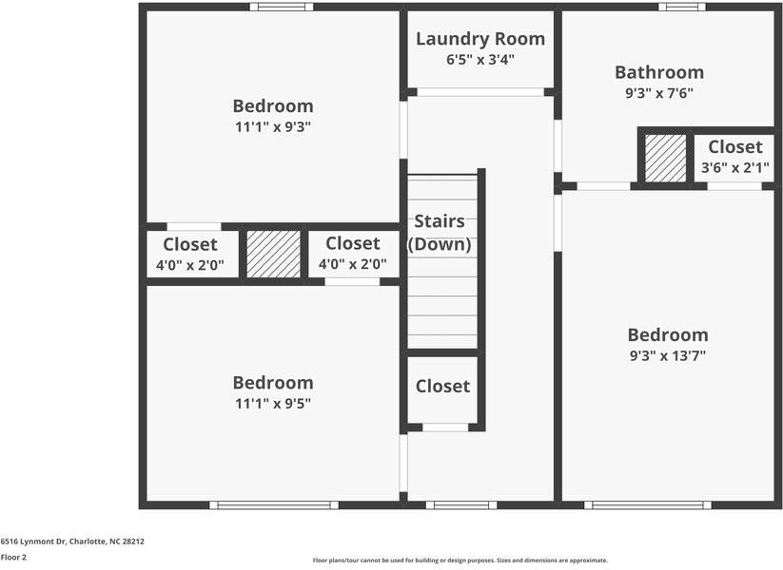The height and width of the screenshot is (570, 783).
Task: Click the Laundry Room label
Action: pos(480,39)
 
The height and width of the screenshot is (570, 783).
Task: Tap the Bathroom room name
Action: pos(659,72)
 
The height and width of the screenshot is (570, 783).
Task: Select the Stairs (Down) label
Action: pos(440,233)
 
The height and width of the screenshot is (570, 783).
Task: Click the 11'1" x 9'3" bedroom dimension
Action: pos(273,127)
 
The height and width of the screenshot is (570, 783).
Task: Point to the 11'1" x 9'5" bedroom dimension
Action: pos(273,403)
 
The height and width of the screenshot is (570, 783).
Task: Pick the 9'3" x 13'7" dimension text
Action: pos(668,356)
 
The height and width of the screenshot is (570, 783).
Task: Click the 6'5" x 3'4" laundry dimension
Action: pos(480,60)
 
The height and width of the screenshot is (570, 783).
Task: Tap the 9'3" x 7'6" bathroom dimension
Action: pos(659,93)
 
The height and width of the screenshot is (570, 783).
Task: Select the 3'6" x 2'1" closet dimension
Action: pos(735,168)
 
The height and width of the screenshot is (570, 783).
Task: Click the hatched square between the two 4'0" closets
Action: pos(274,254)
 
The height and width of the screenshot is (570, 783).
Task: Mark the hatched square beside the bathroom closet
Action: pos(665,157)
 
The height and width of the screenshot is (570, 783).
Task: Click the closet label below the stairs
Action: pos(442,387)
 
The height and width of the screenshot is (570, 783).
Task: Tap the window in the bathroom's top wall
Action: pos(682,7)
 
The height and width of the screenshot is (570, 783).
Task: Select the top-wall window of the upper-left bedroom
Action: pos(282,7)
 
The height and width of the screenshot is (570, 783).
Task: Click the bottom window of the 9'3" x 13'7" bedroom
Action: pos(647,505)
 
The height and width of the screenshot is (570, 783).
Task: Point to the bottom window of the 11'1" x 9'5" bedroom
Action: pos(274,505)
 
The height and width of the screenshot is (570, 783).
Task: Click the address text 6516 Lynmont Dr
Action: pos(72,541)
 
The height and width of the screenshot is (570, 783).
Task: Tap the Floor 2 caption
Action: pos(13,557)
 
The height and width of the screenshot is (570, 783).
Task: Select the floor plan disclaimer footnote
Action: pos(460,560)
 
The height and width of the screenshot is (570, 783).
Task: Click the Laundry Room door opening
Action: pos(480,92)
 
